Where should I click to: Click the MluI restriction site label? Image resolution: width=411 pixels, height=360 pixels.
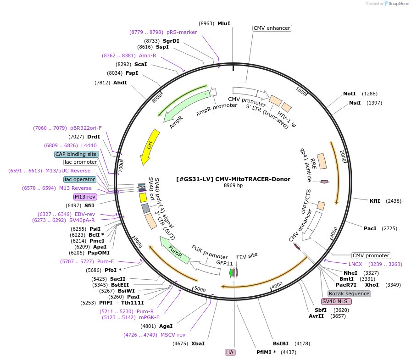pyautogui.click(x=224, y=23)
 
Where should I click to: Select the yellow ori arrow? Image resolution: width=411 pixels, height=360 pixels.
pyautogui.click(x=150, y=146)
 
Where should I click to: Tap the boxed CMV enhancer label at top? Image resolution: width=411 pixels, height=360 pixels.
pyautogui.click(x=272, y=28)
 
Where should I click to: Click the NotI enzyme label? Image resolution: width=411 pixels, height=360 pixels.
pyautogui.click(x=350, y=94)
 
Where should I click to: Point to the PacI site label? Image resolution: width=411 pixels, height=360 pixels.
pyautogui.click(x=370, y=228)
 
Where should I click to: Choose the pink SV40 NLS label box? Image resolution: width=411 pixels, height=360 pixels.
pyautogui.click(x=336, y=301)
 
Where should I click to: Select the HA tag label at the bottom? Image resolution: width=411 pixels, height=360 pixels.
pyautogui.click(x=230, y=352)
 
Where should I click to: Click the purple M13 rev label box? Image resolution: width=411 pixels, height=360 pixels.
pyautogui.click(x=85, y=197)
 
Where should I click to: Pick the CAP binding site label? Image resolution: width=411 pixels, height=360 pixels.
pyautogui.click(x=76, y=154)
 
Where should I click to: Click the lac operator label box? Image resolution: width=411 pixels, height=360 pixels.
pyautogui.click(x=80, y=179)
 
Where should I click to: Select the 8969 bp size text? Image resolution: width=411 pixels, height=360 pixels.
pyautogui.click(x=233, y=186)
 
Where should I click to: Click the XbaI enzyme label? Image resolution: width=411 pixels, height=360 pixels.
pyautogui.click(x=198, y=343)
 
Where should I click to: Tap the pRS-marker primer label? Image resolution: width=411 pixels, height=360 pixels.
pyautogui.click(x=182, y=32)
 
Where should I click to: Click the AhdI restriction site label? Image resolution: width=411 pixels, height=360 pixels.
pyautogui.click(x=120, y=83)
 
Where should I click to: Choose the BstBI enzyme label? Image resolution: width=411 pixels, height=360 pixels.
pyautogui.click(x=281, y=343)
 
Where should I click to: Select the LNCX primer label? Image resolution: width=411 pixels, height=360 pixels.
pyautogui.click(x=355, y=264)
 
